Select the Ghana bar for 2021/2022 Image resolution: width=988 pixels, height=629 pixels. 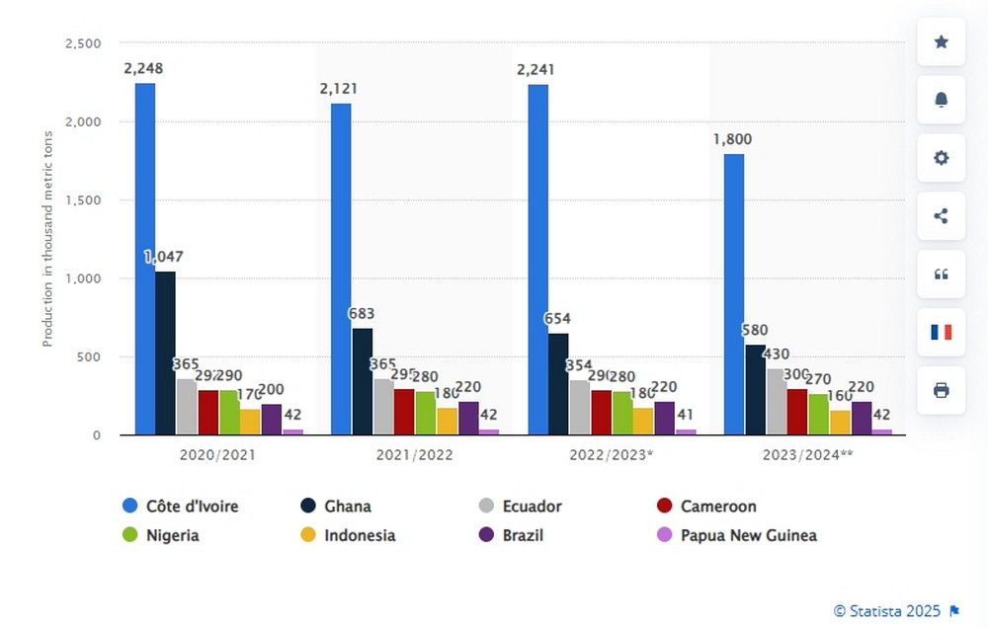point(363,381)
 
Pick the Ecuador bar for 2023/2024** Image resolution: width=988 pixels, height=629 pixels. point(777,401)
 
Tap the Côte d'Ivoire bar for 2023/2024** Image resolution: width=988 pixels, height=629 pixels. point(734,294)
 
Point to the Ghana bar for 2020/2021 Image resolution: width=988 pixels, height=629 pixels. point(166,353)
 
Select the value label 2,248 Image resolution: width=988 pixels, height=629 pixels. point(143,68)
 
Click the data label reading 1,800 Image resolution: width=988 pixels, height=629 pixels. point(732,139)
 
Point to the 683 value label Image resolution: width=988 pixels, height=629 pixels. point(362,314)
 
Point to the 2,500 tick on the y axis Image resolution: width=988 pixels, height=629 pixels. point(82,43)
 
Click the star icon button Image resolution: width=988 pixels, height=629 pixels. point(941,42)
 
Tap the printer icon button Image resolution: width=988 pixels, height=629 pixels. point(941,390)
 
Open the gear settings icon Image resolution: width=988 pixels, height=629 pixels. point(941,158)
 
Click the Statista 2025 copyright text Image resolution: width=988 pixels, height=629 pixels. point(886,611)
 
